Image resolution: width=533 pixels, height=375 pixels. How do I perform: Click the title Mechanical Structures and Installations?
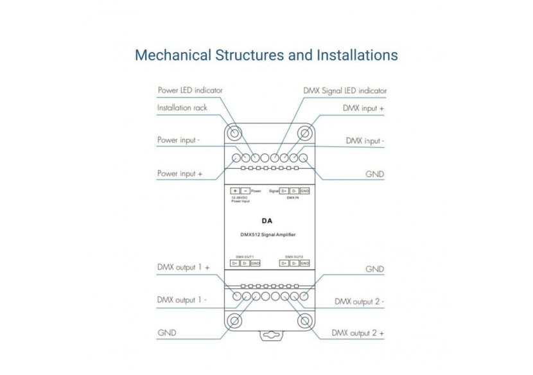tap(266, 55)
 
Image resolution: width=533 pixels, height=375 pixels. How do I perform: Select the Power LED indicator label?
tap(190, 91)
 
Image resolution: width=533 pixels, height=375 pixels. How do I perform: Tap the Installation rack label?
tap(182, 108)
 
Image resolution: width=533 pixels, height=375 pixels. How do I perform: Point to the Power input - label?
tap(179, 140)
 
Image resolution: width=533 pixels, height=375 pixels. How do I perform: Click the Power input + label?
tap(180, 173)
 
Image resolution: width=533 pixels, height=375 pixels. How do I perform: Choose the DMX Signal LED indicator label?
tap(345, 91)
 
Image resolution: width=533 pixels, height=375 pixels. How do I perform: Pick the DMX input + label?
tap(363, 108)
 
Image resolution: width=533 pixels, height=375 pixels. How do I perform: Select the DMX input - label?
tap(365, 140)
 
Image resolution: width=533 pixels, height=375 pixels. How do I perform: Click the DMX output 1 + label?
tap(184, 267)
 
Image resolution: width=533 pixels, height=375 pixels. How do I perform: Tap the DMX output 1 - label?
tap(182, 300)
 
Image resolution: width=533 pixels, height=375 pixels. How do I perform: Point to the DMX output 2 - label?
tap(359, 301)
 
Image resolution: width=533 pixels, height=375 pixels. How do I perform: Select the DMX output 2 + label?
tap(358, 333)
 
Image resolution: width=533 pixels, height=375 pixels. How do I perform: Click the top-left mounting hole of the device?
tap(234, 134)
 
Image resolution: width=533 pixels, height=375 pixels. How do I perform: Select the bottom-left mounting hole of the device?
tap(234, 321)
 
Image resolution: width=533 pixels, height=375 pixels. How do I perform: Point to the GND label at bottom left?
tap(167, 333)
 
